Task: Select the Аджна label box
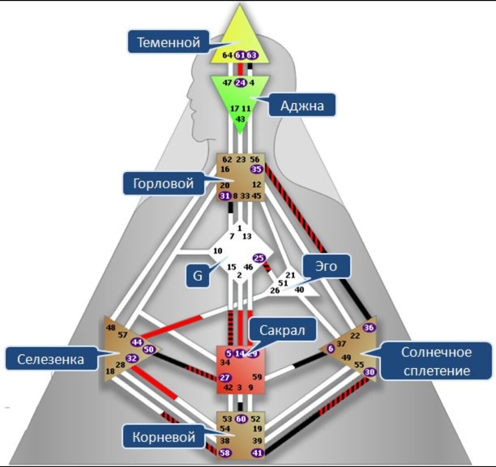coord(302,106)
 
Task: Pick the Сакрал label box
coord(282,330)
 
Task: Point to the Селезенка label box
coord(51,359)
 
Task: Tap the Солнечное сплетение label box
coord(436,361)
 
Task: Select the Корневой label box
coord(163,437)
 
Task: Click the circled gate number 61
coord(240,55)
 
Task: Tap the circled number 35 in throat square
coord(256,169)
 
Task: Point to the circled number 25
coord(259,258)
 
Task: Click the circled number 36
coord(369,327)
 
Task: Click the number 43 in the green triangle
coord(240,118)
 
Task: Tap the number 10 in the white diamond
coord(218,251)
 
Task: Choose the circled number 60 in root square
coord(241,419)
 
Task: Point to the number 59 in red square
coord(257,377)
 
